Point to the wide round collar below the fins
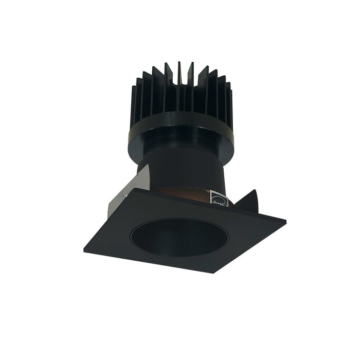(179, 136)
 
